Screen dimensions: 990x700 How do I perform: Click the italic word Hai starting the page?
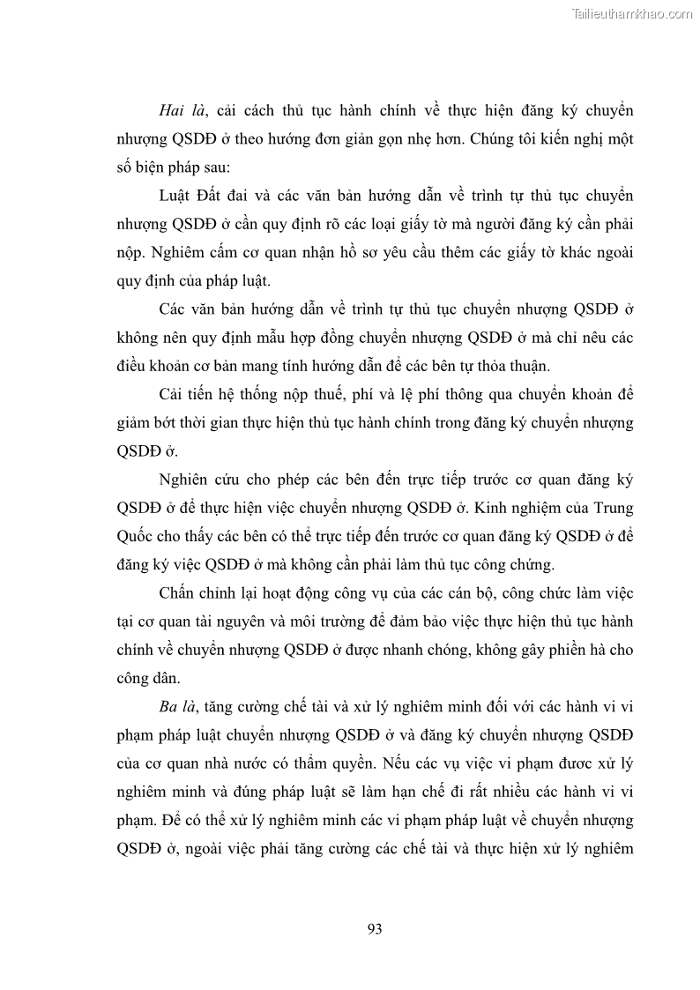tap(173, 110)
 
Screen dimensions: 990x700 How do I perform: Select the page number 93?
tap(374, 928)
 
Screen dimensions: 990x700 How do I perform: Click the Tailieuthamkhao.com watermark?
tap(632, 13)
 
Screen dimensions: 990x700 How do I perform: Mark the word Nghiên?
tap(187, 480)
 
